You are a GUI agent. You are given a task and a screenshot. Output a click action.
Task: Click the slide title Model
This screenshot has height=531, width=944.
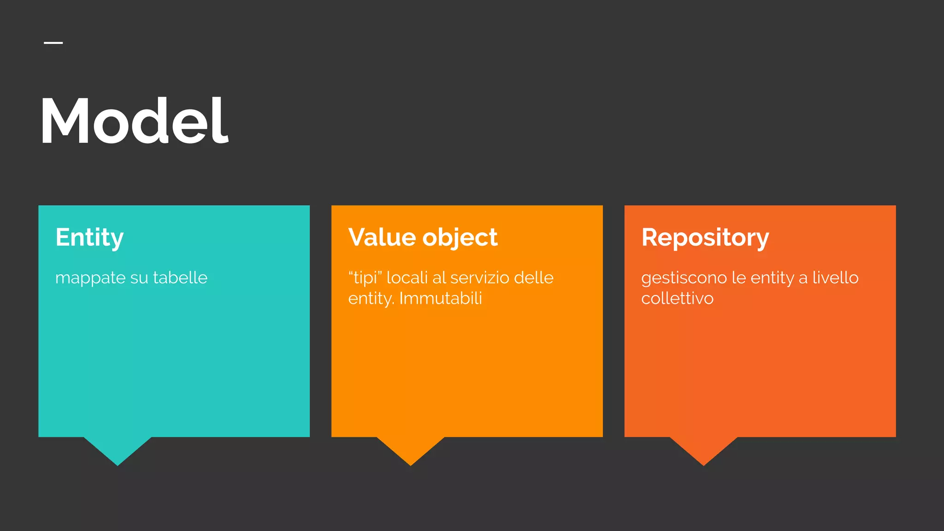pyautogui.click(x=134, y=121)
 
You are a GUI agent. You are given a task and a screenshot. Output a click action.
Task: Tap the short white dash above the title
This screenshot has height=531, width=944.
pyautogui.click(x=53, y=43)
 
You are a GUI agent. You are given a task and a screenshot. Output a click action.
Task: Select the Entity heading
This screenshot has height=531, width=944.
pyautogui.click(x=89, y=238)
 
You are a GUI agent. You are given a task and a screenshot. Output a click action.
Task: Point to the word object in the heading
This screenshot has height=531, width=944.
pyautogui.click(x=460, y=238)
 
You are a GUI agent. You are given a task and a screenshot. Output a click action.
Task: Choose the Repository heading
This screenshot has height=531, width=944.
pyautogui.click(x=705, y=238)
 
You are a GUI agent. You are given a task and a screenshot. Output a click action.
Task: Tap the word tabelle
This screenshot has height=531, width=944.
pyautogui.click(x=180, y=277)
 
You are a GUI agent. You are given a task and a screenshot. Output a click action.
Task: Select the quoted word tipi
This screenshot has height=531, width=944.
pyautogui.click(x=366, y=277)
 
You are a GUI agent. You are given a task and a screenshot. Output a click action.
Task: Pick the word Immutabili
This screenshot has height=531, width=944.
pyautogui.click(x=441, y=298)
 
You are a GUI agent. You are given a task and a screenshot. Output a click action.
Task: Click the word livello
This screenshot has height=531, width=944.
pyautogui.click(x=835, y=277)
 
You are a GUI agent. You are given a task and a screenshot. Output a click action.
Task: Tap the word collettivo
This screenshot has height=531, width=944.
pyautogui.click(x=677, y=298)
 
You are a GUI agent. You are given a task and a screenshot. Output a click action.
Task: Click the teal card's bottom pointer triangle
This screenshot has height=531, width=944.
pyautogui.click(x=118, y=449)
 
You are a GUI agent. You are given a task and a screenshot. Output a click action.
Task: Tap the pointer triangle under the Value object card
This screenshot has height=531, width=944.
pyautogui.click(x=411, y=449)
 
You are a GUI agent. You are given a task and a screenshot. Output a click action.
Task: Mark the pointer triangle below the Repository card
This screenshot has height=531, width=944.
pyautogui.click(x=704, y=449)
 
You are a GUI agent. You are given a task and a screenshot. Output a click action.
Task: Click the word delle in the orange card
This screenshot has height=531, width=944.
pyautogui.click(x=534, y=277)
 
